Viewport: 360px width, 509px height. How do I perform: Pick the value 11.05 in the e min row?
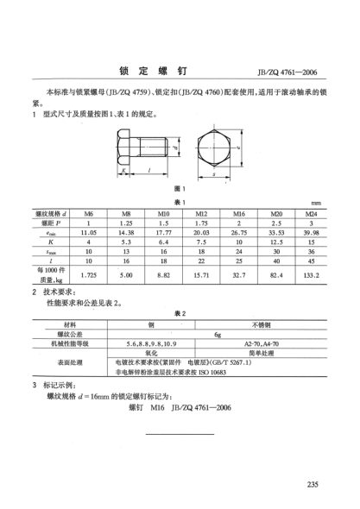[86, 231]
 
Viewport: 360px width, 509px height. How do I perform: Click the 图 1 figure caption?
[180, 189]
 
